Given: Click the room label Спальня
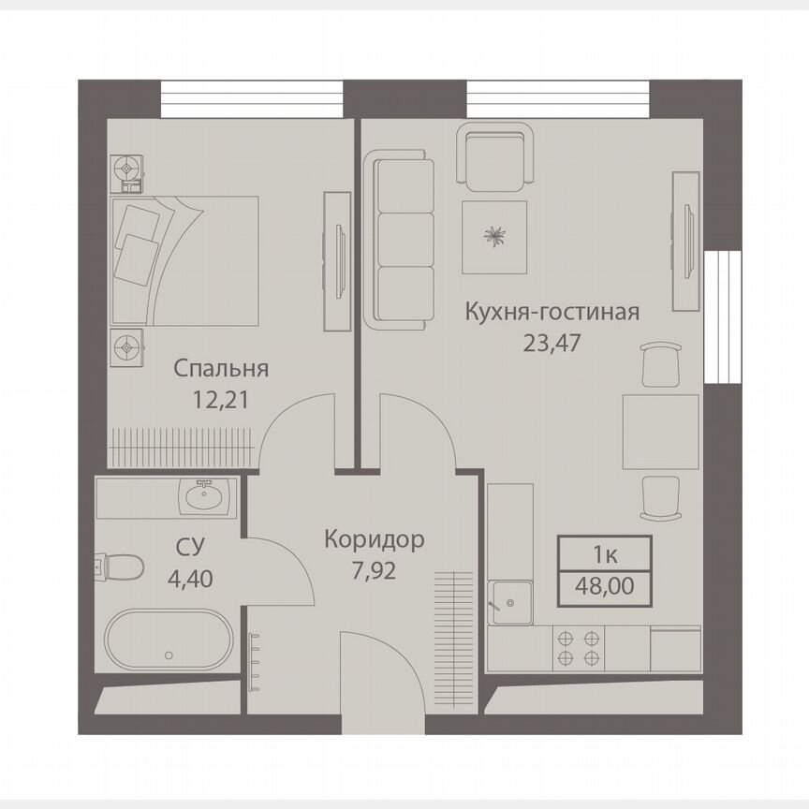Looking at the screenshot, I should [x=221, y=369].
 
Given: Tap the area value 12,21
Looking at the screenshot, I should [x=221, y=401].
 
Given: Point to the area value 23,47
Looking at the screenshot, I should [x=552, y=342].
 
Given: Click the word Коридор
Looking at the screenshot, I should [x=375, y=539].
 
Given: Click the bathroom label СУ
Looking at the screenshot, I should [x=191, y=546].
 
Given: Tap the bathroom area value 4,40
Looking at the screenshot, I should [x=191, y=577].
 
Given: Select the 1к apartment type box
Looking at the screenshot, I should [x=605, y=553].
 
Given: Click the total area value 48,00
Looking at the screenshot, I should [x=605, y=589].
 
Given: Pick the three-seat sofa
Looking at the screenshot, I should [x=404, y=243].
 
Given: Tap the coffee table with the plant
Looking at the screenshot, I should [x=493, y=237].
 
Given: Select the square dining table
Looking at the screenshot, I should [x=660, y=432].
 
